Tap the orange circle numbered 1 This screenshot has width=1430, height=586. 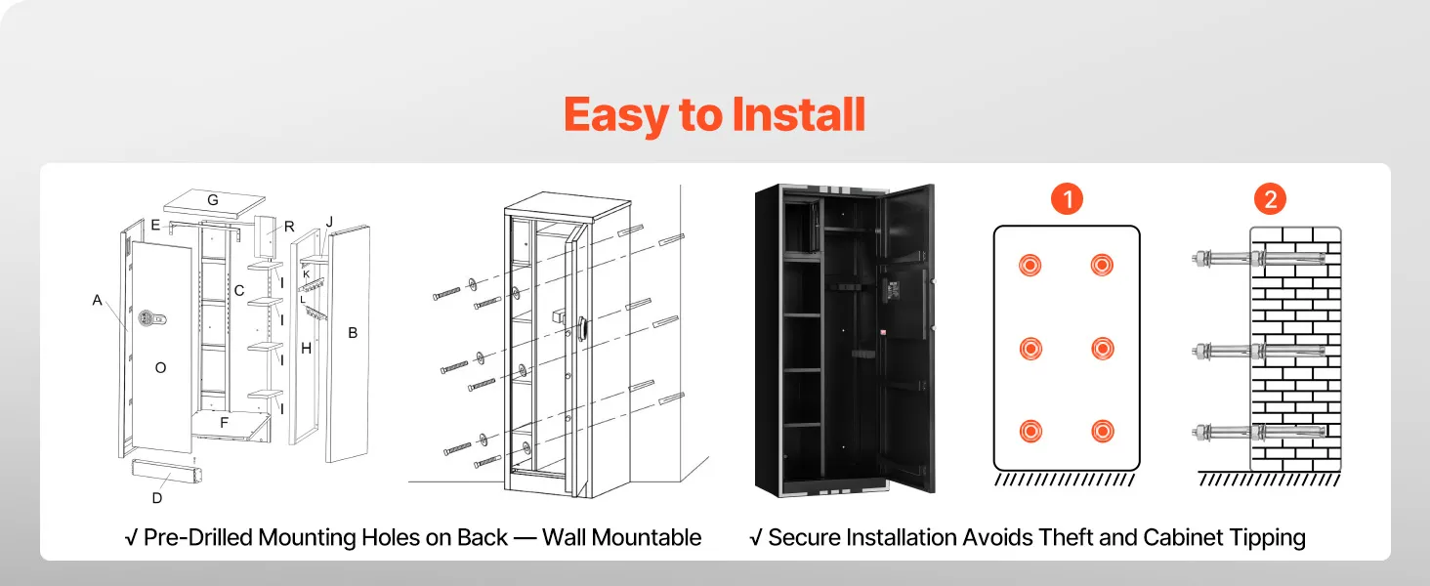coord(1067,200)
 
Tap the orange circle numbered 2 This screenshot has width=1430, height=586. coord(1270,200)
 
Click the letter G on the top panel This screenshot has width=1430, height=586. coord(212,200)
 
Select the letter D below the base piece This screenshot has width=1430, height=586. coord(157,498)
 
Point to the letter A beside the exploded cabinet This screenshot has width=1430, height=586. coord(98,301)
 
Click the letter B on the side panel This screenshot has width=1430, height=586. coord(353,333)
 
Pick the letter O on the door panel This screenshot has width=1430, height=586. coord(161,367)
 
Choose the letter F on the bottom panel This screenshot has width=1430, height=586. coord(224,423)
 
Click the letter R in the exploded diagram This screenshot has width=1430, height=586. coord(289,227)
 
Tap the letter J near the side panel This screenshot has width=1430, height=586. coord(329,223)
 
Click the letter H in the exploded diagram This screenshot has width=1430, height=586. coord(306,348)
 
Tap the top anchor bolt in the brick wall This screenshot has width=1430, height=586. coord(1260,259)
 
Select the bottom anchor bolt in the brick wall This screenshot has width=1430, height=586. coord(1260,431)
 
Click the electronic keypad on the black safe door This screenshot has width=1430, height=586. coord(893,290)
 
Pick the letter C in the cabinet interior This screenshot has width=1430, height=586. coord(239,290)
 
